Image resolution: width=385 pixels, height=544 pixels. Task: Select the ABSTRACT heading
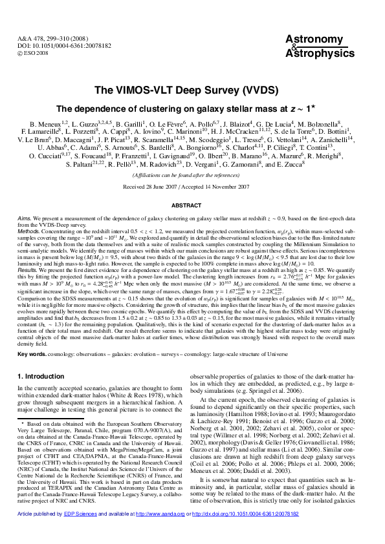[192, 205]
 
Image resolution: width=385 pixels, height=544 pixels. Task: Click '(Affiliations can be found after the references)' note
[192, 175]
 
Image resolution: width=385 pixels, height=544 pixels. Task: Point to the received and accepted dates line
[192, 187]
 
